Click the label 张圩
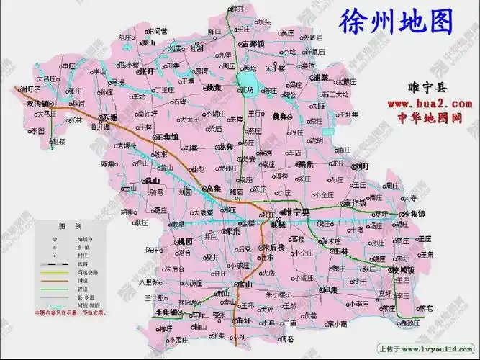click(x=147, y=72)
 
